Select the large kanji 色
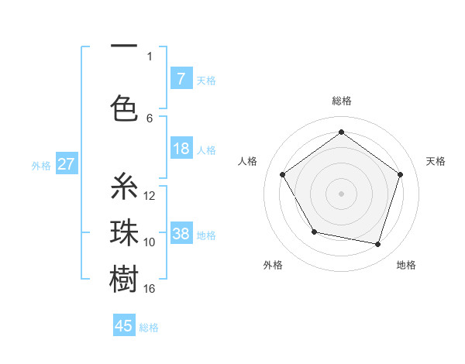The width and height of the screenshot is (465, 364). [x=124, y=108]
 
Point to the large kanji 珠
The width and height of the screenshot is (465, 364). [x=124, y=232]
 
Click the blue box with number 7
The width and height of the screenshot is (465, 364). [x=181, y=78]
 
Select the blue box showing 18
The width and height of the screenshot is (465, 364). [x=181, y=149]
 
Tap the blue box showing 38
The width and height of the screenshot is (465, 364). [x=181, y=234]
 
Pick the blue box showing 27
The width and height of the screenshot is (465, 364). [x=67, y=164]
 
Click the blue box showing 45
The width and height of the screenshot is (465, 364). [x=124, y=326]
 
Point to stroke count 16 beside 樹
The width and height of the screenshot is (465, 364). [x=150, y=289]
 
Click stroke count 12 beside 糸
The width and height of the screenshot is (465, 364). [x=150, y=195]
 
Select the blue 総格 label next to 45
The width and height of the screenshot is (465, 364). [x=149, y=328]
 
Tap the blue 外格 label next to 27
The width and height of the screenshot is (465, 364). [x=41, y=165]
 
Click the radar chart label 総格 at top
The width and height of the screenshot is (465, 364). [x=341, y=101]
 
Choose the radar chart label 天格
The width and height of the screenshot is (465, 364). [x=436, y=161]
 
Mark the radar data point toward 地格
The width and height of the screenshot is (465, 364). [x=378, y=245]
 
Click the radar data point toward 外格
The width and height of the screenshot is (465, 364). [x=314, y=232]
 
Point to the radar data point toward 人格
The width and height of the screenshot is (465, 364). [x=283, y=174]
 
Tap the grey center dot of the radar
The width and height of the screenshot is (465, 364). [x=341, y=193]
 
